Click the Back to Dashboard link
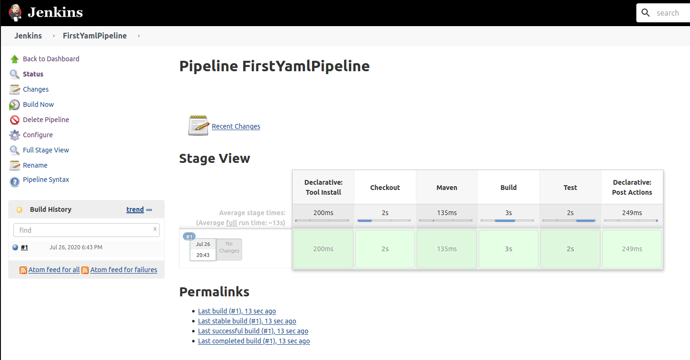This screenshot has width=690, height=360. click(x=51, y=59)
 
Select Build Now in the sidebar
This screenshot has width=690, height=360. click(x=38, y=104)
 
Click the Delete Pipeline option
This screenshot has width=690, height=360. click(x=46, y=120)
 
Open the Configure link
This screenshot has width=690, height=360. click(x=38, y=135)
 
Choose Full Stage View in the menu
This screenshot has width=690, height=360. click(x=46, y=150)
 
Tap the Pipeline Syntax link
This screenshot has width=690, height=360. click(x=46, y=180)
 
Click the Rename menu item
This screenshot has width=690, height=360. click(x=35, y=165)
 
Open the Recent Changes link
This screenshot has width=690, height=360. click(x=236, y=126)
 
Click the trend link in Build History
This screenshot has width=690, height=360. click(x=135, y=209)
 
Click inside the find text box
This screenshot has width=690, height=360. click(x=86, y=230)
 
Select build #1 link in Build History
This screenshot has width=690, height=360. click(x=24, y=247)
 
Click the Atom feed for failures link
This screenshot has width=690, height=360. click(x=123, y=270)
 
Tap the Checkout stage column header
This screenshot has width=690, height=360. click(x=385, y=188)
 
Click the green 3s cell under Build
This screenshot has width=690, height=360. click(x=509, y=249)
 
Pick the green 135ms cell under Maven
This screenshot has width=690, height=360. click(x=447, y=249)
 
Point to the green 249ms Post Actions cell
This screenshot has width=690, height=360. click(x=632, y=249)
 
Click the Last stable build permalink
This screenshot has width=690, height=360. click(x=247, y=321)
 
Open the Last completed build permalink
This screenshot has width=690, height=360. click(x=254, y=341)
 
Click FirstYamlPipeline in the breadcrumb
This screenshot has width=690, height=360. click(x=95, y=36)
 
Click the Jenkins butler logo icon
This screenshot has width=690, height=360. click(x=15, y=13)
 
